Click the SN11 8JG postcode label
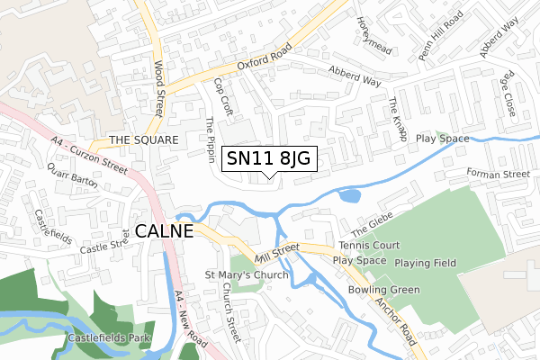[x=267, y=159]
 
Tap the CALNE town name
[x=165, y=231]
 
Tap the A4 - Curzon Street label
[x=90, y=152]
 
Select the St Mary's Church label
[x=247, y=274]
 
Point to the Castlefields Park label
[x=109, y=339]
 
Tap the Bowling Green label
[x=384, y=290]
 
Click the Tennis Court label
[x=369, y=245]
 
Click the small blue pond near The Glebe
[x=350, y=194]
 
